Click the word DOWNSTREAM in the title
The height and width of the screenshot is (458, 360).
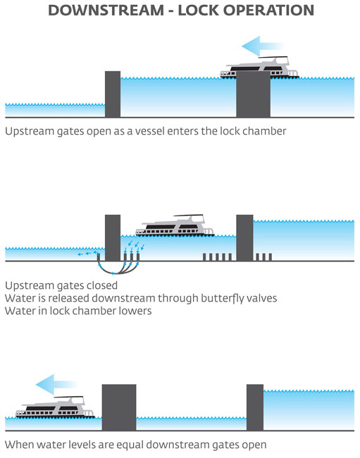click(x=106, y=11)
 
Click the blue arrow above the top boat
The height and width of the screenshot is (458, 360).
click(x=262, y=46)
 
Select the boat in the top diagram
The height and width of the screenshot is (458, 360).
click(x=259, y=68)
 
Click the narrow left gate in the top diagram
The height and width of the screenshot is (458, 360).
click(x=113, y=94)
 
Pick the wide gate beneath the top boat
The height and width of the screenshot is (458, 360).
click(x=253, y=94)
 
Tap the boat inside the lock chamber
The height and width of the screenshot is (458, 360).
click(x=175, y=225)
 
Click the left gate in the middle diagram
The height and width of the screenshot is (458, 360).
click(x=113, y=237)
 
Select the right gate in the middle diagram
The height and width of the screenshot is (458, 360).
click(x=244, y=237)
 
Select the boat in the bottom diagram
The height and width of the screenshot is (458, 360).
click(x=55, y=407)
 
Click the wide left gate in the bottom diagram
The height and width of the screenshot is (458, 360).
click(x=119, y=407)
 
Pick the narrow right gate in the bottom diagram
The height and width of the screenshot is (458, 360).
click(x=255, y=407)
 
